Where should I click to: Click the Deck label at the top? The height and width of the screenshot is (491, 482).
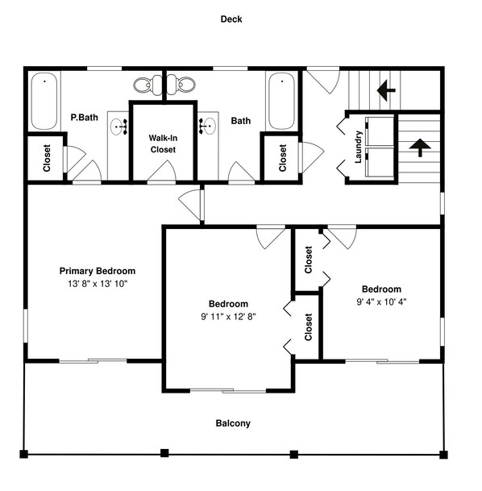coord(231,19)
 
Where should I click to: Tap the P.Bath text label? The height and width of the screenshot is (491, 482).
coord(84,118)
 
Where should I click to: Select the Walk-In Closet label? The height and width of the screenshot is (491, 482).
coord(163,143)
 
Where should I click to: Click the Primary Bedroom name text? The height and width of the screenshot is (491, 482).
coord(98,271)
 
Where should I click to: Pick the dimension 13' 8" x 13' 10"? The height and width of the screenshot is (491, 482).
coord(98,284)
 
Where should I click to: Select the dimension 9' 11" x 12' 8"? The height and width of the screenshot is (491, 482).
coord(227,316)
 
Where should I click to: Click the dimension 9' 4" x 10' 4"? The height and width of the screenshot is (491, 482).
coord(380,302)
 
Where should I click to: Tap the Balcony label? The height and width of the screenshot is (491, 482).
coord(233,423)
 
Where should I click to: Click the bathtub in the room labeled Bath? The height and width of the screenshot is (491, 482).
coord(281,101)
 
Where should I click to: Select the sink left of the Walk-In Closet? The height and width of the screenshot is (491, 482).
coord(120,127)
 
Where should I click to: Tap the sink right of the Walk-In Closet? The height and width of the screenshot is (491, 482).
coord(206,126)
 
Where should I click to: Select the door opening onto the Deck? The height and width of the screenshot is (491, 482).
coord(321,78)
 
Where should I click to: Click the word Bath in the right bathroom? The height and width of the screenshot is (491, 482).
coord(240,121)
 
